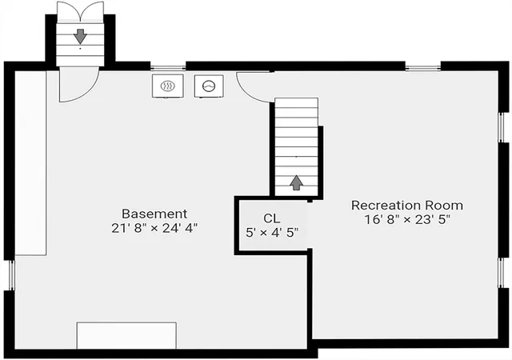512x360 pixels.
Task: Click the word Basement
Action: [154, 214]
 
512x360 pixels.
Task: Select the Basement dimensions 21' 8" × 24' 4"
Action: [154, 228]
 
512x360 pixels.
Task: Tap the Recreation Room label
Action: [407, 206]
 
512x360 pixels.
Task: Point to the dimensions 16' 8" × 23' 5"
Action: [407, 219]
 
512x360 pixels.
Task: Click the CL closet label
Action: [272, 218]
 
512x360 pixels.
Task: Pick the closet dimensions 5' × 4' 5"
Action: [272, 233]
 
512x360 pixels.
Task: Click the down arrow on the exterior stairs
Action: [80, 36]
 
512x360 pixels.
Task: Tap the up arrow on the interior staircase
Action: [296, 182]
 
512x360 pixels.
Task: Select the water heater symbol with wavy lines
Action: [167, 86]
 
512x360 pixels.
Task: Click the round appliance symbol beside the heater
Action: [209, 86]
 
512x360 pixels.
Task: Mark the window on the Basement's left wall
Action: [11, 275]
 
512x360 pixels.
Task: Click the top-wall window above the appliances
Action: [168, 68]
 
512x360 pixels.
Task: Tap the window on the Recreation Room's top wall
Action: [423, 68]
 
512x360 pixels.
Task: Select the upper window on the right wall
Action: [502, 127]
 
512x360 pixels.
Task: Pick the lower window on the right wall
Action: [502, 273]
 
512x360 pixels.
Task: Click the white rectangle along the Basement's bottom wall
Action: [126, 335]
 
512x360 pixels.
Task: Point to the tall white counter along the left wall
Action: [30, 163]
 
